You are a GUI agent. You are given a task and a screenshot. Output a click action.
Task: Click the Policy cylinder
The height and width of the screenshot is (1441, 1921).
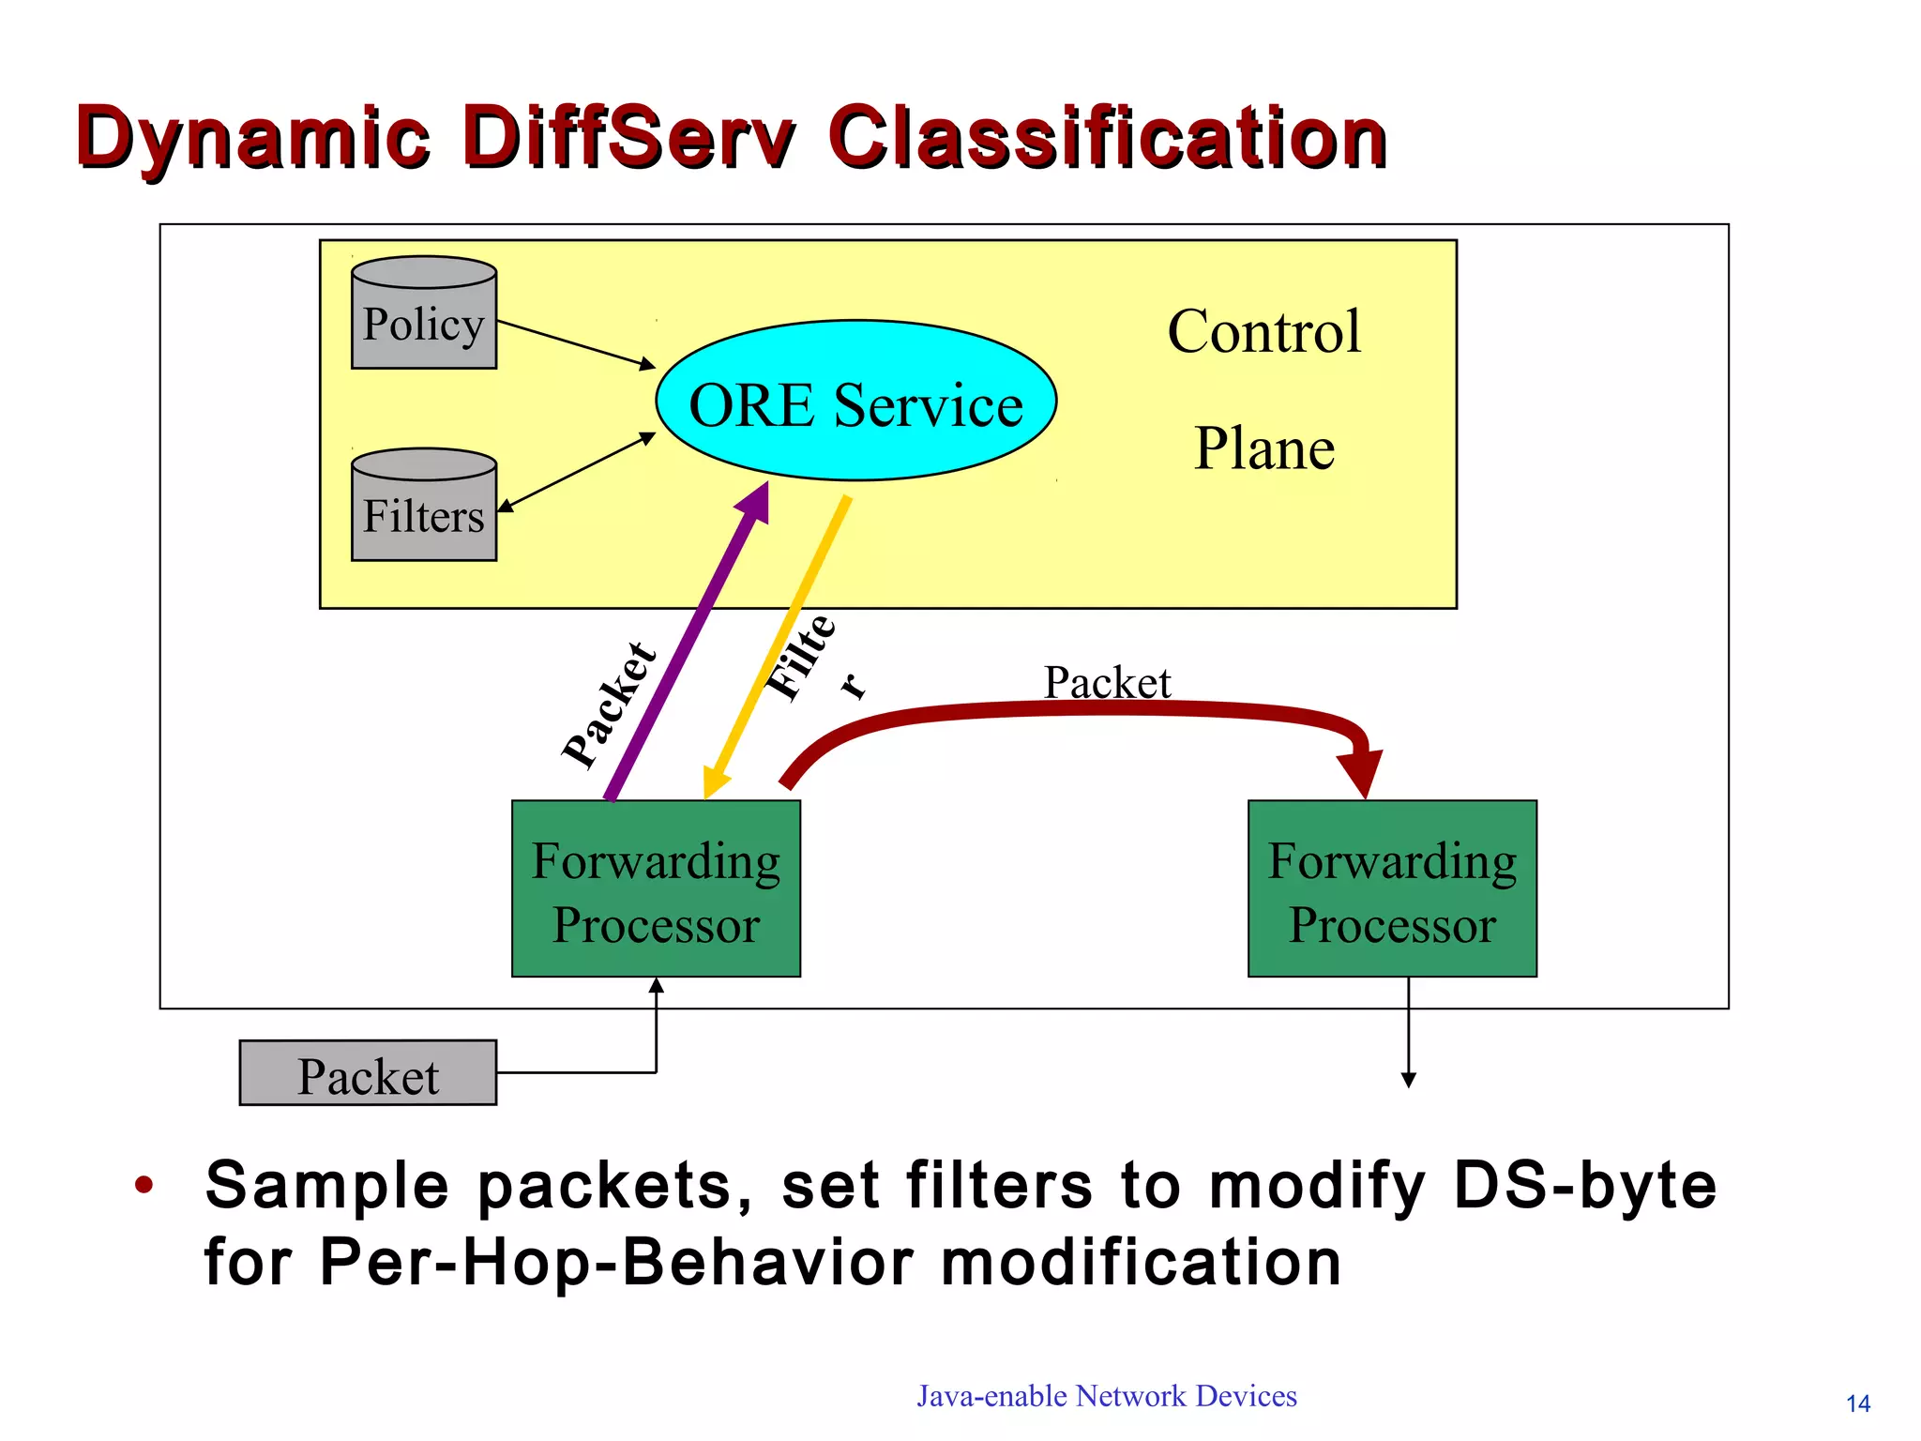point(423,314)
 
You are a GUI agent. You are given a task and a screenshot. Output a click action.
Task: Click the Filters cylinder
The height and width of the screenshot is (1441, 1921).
point(423,507)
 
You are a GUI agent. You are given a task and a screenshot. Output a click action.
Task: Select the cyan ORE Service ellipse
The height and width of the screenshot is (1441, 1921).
point(855,402)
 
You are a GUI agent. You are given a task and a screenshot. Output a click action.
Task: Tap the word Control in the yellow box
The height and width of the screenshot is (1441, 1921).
point(1263,331)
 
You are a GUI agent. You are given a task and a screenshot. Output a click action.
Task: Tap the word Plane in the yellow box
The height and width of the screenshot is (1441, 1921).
point(1263,448)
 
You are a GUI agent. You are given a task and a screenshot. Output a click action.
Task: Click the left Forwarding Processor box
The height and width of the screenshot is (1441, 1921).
point(656,888)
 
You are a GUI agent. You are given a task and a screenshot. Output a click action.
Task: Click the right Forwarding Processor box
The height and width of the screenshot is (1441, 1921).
point(1392,888)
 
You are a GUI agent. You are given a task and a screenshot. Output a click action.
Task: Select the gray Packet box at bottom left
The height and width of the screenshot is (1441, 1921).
point(368,1073)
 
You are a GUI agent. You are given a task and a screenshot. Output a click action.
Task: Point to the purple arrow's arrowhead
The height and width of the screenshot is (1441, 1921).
point(755,502)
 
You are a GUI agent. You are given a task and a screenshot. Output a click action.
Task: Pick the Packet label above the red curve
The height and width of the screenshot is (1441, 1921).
point(1107,682)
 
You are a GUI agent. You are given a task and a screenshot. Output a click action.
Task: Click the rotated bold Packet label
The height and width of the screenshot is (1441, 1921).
point(610,705)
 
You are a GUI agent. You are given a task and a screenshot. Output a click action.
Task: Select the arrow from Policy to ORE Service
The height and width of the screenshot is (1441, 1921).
point(576,344)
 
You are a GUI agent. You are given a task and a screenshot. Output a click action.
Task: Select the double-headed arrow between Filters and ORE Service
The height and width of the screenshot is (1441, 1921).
point(576,472)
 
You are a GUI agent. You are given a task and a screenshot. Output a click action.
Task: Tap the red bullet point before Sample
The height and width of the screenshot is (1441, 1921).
point(144,1185)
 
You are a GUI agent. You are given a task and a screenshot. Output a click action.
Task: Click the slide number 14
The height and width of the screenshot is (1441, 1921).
point(1857,1403)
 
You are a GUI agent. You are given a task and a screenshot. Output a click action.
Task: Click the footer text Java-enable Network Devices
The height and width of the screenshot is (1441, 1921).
point(1107,1396)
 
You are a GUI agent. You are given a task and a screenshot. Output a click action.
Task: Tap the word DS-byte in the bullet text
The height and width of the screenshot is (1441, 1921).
point(1584,1185)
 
